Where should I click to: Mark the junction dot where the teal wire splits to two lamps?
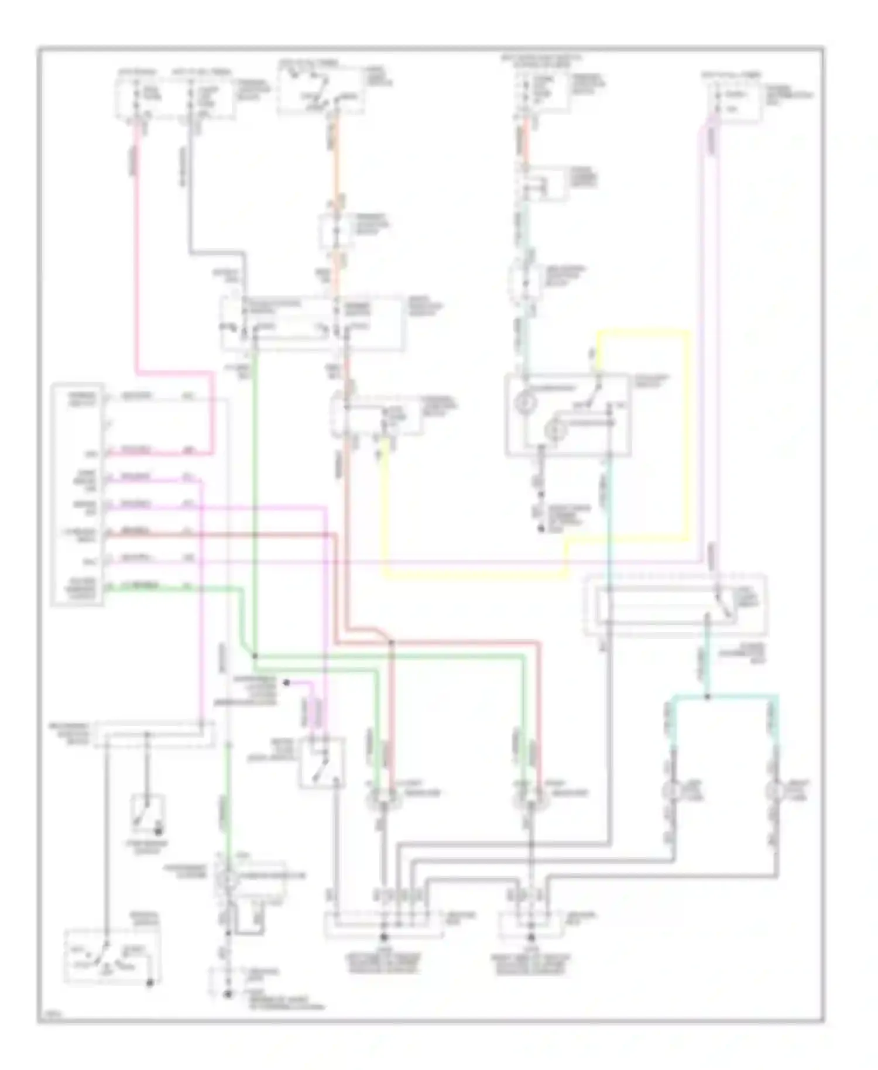click(x=707, y=697)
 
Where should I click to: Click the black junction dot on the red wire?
click(x=392, y=643)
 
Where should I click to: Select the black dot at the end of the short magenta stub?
click(x=286, y=683)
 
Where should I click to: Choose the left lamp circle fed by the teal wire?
click(x=670, y=791)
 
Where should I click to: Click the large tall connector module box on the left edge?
click(x=78, y=495)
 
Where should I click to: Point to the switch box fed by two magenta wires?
click(x=321, y=762)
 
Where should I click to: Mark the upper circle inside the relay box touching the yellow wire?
click(x=526, y=403)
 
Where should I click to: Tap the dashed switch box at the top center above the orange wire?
click(x=321, y=91)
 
